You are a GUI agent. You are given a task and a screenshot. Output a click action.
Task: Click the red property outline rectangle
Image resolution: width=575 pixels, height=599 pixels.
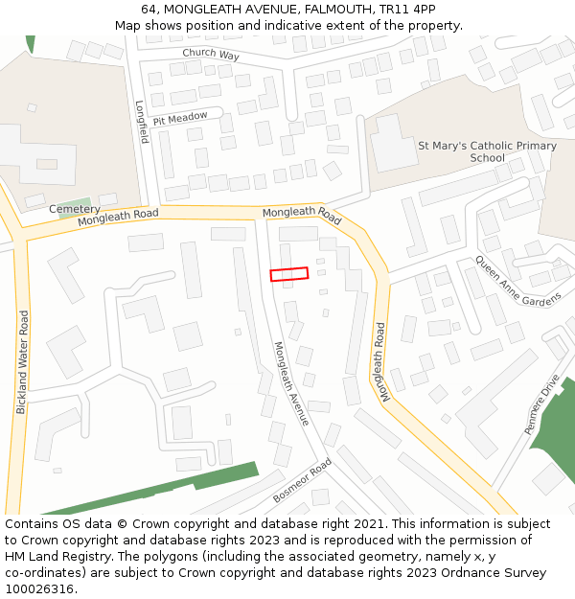coord(289,274)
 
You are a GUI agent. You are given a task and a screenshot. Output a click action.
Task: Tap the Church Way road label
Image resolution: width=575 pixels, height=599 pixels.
coord(211,55)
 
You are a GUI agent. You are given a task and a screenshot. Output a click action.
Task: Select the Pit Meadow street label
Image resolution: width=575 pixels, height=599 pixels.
coord(179,118)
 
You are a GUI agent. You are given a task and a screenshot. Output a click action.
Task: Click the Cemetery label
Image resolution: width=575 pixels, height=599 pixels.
coord(74,209)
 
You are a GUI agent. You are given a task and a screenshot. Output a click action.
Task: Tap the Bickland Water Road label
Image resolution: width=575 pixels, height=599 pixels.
coord(21,362)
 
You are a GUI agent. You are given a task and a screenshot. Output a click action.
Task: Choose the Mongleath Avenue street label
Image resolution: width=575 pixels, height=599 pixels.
coord(291,383)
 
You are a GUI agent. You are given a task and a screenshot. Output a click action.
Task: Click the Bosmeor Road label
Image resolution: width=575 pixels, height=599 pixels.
coord(302,480)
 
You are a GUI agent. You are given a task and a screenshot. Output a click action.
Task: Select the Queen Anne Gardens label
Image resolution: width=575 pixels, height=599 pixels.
coord(518,281)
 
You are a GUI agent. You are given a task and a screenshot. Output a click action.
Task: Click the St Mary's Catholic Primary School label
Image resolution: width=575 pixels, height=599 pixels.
coord(487,151)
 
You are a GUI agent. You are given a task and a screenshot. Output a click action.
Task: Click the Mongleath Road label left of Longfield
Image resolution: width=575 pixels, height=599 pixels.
coord(118,218)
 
